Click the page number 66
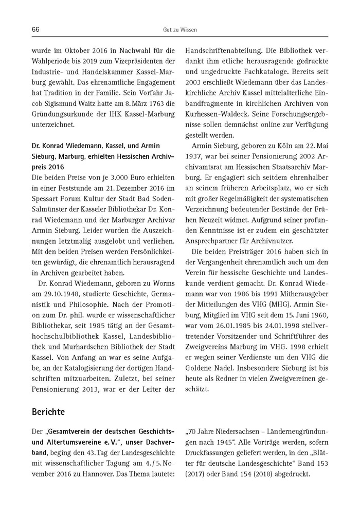(x=35, y=30)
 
